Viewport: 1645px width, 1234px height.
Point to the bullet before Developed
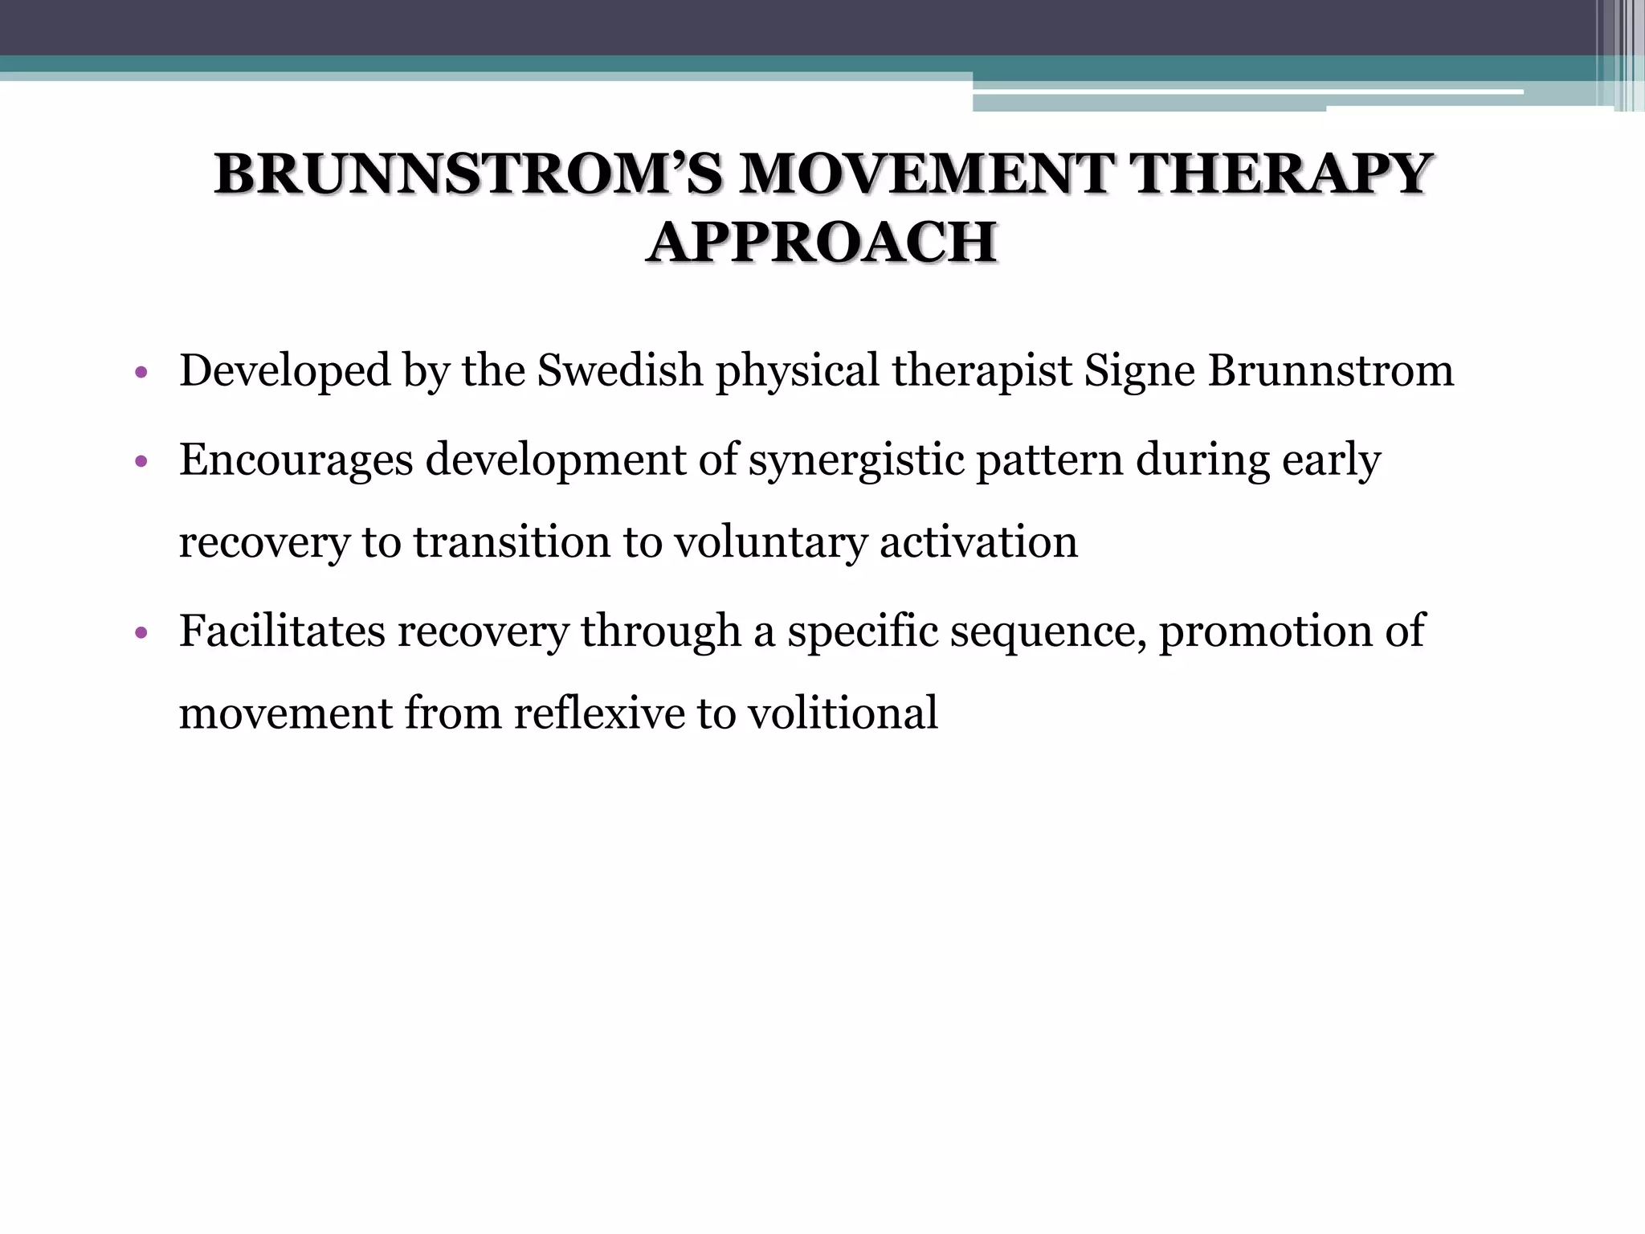coord(141,373)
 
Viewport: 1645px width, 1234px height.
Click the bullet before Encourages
coord(141,462)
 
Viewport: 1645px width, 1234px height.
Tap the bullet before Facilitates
coord(141,633)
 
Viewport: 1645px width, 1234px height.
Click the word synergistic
coord(856,460)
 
